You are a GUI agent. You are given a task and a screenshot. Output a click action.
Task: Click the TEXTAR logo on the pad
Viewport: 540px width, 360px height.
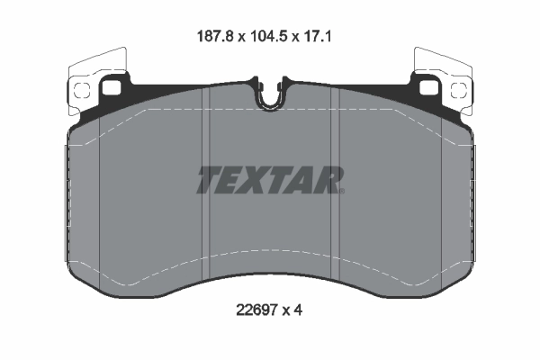pyautogui.click(x=270, y=180)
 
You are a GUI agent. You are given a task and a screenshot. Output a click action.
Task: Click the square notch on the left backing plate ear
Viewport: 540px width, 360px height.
pyautogui.click(x=114, y=89)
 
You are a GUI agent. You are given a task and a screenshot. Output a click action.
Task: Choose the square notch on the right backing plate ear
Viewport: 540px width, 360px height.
pyautogui.click(x=426, y=89)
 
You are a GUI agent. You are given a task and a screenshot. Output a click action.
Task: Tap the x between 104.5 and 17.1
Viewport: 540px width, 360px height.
pyautogui.click(x=303, y=38)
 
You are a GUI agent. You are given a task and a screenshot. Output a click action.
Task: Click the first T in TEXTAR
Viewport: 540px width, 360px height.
pyautogui.click(x=209, y=180)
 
